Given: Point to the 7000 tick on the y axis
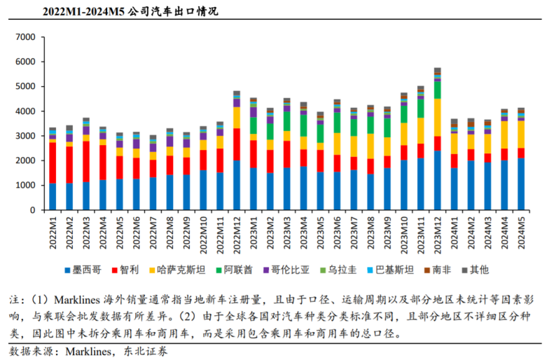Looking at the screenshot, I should (x=25, y=37).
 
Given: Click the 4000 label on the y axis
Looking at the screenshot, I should (x=25, y=111).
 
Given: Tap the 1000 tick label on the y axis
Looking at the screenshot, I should (x=25, y=186).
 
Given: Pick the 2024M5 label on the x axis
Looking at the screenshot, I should (x=522, y=232).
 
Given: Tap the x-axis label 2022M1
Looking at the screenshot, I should (x=53, y=232).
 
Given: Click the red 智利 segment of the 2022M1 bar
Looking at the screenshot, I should (x=53, y=162).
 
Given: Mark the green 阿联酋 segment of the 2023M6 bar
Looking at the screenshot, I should (x=338, y=123).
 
